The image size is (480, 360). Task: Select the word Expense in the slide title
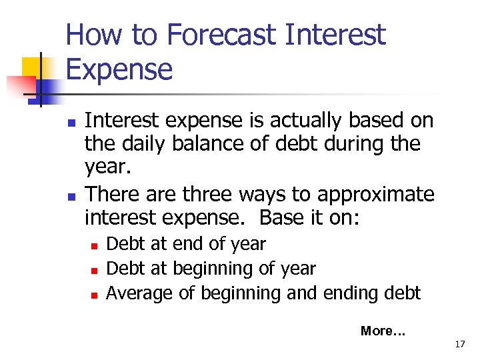(x=119, y=69)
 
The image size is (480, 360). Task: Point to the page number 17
(x=459, y=344)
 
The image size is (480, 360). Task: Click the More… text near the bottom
(x=383, y=330)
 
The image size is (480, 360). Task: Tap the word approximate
(x=376, y=194)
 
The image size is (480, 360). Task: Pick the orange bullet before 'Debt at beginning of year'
(x=95, y=270)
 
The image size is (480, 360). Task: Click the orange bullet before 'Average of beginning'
(x=95, y=294)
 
